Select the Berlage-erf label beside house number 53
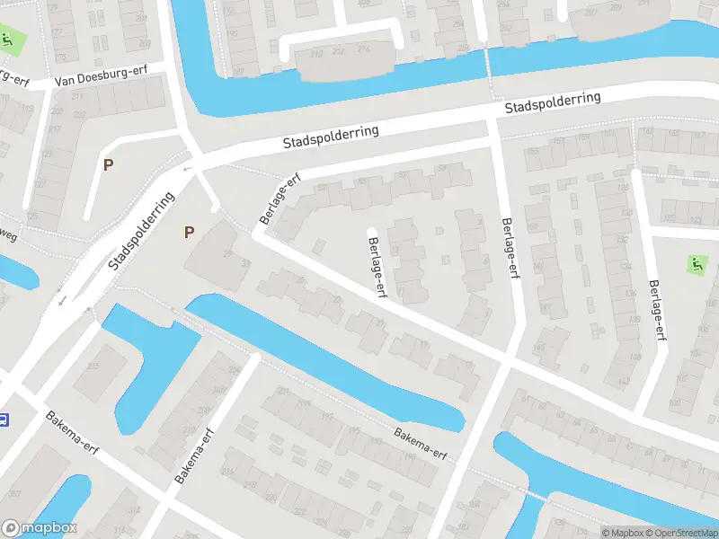click(280, 200)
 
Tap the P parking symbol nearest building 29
click(189, 232)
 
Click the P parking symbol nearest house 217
click(108, 165)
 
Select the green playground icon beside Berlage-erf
click(695, 264)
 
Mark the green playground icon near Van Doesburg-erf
click(8, 40)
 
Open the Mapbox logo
click(39, 528)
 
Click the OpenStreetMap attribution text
click(680, 533)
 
